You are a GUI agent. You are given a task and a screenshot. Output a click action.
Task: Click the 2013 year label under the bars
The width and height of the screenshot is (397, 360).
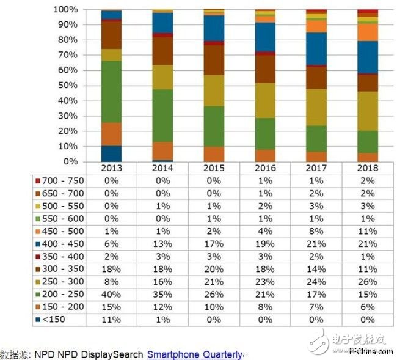(x=111, y=168)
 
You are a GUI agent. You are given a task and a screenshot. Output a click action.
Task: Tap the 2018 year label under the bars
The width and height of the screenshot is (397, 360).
(x=368, y=168)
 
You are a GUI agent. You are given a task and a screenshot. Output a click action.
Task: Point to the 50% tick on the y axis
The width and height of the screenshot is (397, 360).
(x=69, y=86)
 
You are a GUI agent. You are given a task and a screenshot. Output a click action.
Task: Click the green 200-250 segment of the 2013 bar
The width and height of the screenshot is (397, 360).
(x=111, y=92)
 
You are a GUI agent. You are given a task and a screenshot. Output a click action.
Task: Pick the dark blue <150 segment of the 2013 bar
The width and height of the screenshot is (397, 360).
(x=111, y=153)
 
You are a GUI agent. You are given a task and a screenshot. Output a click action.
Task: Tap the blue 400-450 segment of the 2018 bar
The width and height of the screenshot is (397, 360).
(x=368, y=57)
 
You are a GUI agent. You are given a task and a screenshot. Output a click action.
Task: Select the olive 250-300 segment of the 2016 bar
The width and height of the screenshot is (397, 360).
(x=265, y=100)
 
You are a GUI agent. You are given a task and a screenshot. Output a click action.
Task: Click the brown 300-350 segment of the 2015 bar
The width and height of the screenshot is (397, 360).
(x=214, y=60)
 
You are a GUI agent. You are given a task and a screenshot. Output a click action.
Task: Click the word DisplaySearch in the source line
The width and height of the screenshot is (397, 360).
(x=113, y=354)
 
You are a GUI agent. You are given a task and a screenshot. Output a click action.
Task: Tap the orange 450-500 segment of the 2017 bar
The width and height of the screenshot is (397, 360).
(x=316, y=26)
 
